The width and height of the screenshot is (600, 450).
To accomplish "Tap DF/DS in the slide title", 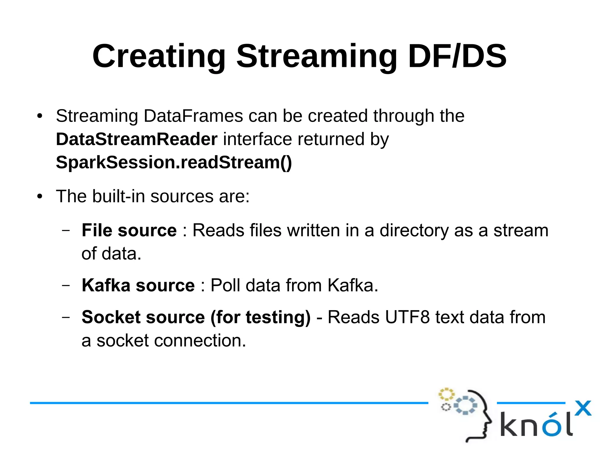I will tap(457, 56).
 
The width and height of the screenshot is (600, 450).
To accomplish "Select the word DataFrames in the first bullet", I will tap(193, 116).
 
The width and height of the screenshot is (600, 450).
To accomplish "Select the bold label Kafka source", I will tap(138, 285).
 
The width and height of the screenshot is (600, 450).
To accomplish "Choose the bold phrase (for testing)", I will tap(260, 317).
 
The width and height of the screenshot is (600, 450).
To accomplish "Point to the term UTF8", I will tap(407, 317).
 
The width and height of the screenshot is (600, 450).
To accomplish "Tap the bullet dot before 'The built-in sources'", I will tap(40, 196).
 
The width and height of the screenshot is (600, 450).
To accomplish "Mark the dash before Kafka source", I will tap(66, 285).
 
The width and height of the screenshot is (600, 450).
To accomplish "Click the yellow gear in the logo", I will tap(446, 394).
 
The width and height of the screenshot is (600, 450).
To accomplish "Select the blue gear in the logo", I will tap(465, 405).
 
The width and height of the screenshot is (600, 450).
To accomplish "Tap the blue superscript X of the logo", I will tap(583, 408).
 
